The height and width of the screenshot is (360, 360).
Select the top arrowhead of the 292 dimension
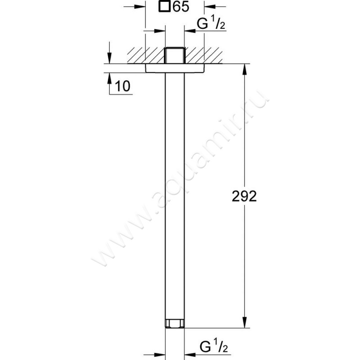[x=244, y=68]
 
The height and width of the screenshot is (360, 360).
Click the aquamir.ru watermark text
[x=180, y=180]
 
